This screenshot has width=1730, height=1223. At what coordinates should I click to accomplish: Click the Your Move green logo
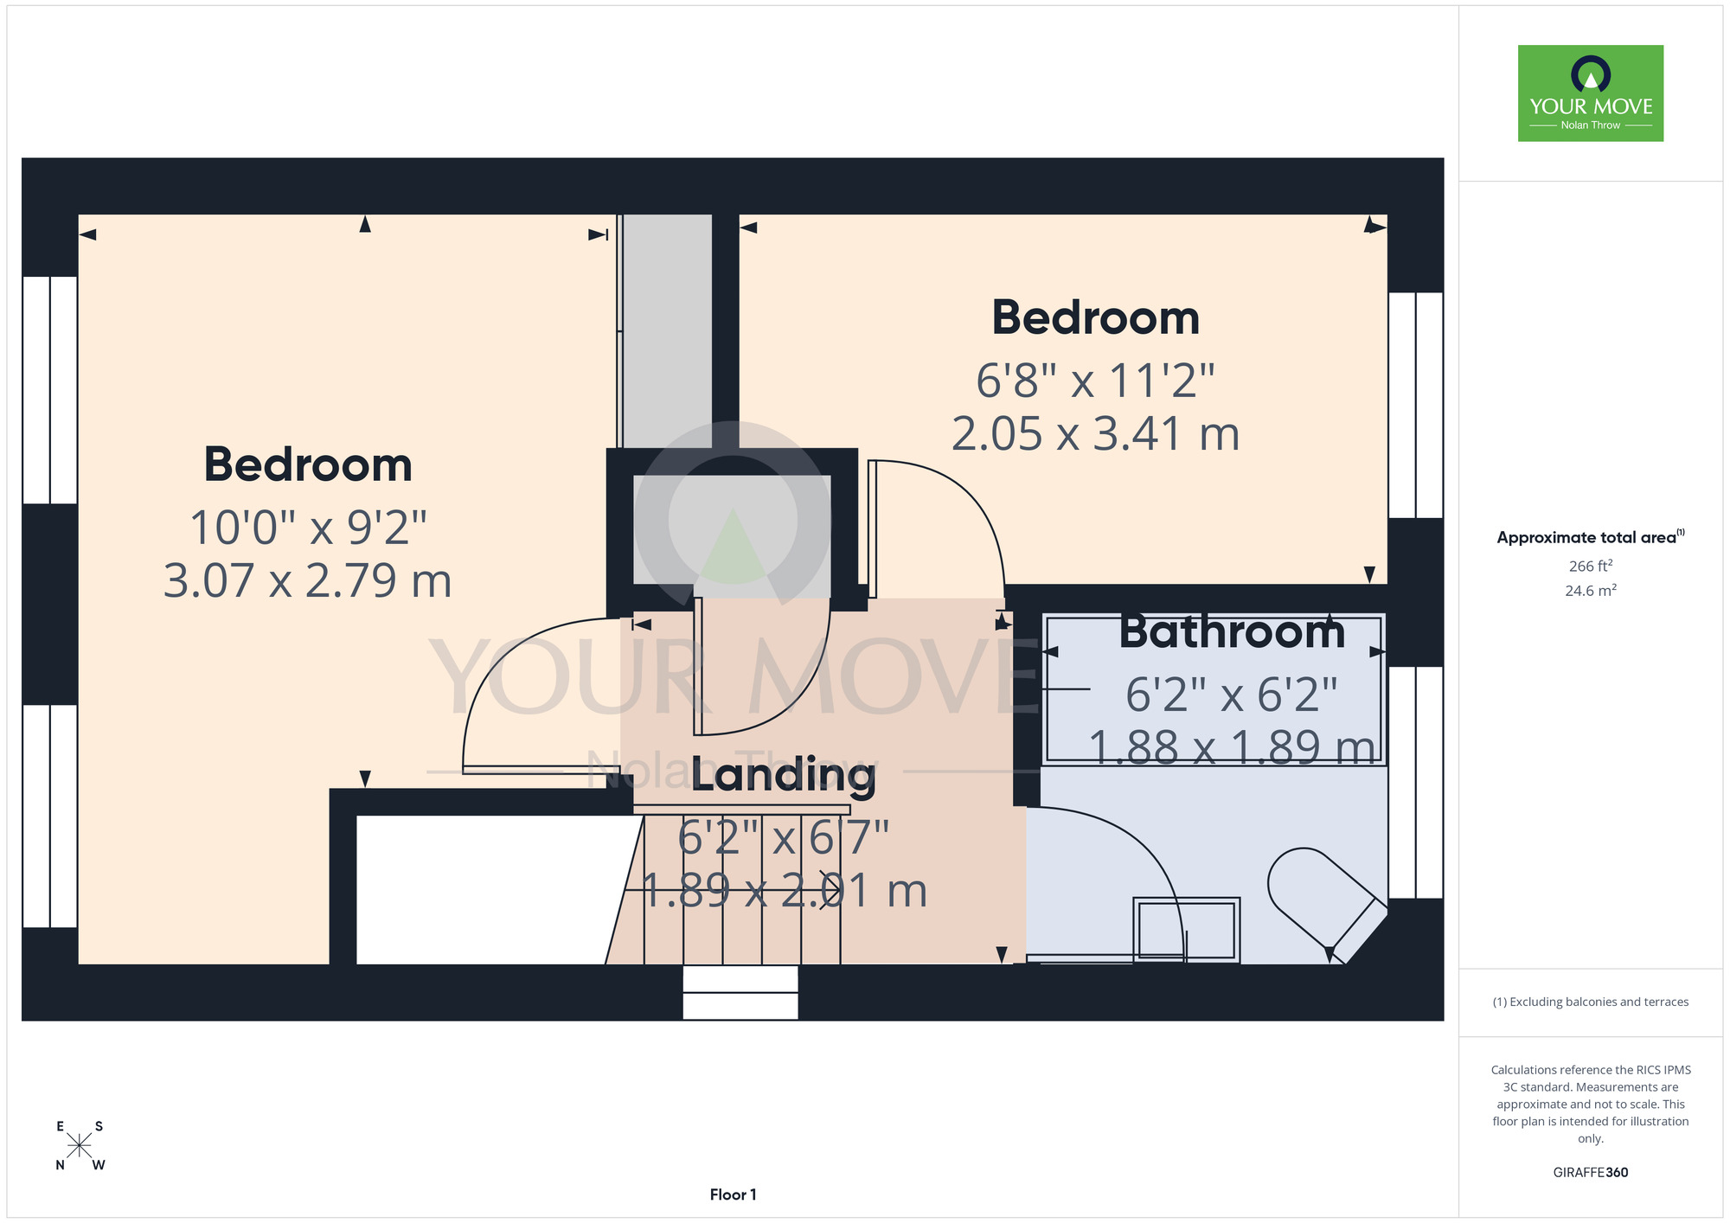[1591, 93]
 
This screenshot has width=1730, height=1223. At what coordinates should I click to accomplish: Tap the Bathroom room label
[1232, 631]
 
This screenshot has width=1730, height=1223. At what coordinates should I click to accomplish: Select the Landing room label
[784, 774]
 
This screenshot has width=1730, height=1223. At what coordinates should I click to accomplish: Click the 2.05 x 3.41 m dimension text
[1096, 433]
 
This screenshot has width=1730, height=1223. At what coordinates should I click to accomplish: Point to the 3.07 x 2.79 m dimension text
[308, 580]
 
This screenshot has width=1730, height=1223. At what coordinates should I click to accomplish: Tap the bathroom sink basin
[1187, 930]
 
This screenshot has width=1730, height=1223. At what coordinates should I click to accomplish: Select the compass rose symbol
[80, 1146]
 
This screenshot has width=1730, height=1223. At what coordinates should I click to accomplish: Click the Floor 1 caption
[733, 1194]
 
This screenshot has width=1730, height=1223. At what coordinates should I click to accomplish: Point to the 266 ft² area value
[1591, 567]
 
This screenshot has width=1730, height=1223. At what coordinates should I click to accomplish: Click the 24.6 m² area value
[1591, 591]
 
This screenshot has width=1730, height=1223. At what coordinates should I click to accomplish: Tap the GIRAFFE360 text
[1591, 1173]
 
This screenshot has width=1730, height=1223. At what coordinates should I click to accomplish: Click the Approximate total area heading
[1591, 537]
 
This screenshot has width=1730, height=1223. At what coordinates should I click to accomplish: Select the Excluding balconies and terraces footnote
[1591, 1002]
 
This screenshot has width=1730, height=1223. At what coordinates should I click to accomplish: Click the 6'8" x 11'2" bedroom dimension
[1096, 381]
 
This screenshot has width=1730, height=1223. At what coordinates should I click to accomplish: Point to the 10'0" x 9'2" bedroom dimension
[308, 527]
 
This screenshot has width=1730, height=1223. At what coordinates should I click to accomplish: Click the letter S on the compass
[99, 1126]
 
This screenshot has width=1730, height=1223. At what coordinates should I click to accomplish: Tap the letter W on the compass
[99, 1165]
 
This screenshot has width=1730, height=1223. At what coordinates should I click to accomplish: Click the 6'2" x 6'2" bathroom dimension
[1232, 695]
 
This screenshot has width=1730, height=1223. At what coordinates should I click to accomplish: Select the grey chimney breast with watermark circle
[732, 536]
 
